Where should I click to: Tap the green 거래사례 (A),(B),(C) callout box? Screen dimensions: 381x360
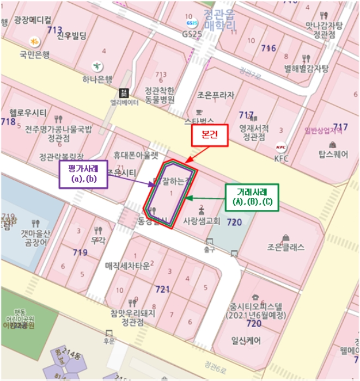(251, 197)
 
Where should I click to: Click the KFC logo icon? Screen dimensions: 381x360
(281, 147)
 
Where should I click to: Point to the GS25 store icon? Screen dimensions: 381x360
(191, 23)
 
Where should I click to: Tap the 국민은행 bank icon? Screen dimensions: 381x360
(34, 41)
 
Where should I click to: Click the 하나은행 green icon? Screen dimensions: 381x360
(97, 65)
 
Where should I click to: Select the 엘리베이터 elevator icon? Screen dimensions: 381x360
(124, 92)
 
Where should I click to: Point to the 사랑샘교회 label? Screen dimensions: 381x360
(201, 222)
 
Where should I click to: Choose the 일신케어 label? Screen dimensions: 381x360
(246, 341)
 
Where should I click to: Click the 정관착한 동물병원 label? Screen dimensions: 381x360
(160, 95)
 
